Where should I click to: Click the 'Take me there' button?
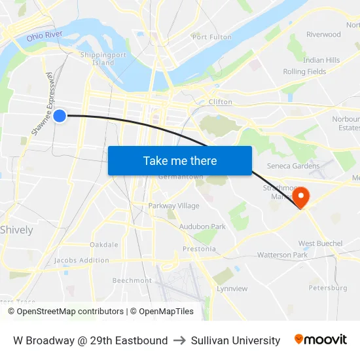coord(180,161)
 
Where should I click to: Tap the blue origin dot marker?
coord(60,116)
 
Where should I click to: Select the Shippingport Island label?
coord(98,59)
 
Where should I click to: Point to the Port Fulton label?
coord(212,37)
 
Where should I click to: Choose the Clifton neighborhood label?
coord(220,102)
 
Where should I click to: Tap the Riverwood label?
coord(323,35)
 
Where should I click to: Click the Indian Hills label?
coord(321,60)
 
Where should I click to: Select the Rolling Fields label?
coord(304,72)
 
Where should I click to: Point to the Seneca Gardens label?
coord(293,166)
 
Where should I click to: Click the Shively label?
coord(16,230)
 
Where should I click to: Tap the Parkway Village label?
coord(173,206)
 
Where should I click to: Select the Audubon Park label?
coord(202,226)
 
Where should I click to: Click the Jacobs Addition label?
coord(82,261)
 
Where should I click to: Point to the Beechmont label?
coord(132,281)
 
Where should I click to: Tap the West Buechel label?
coord(320,243)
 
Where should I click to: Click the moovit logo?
coord(321,340)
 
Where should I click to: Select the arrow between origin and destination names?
coord(179,340)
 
